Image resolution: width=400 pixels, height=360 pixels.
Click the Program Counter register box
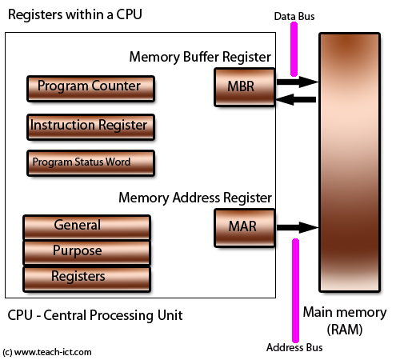89,86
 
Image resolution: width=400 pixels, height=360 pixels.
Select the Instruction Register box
89,126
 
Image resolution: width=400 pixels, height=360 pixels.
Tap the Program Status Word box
89,162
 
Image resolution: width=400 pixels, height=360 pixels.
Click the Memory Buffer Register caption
199,57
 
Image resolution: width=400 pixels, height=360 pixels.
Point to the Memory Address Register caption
196,197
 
